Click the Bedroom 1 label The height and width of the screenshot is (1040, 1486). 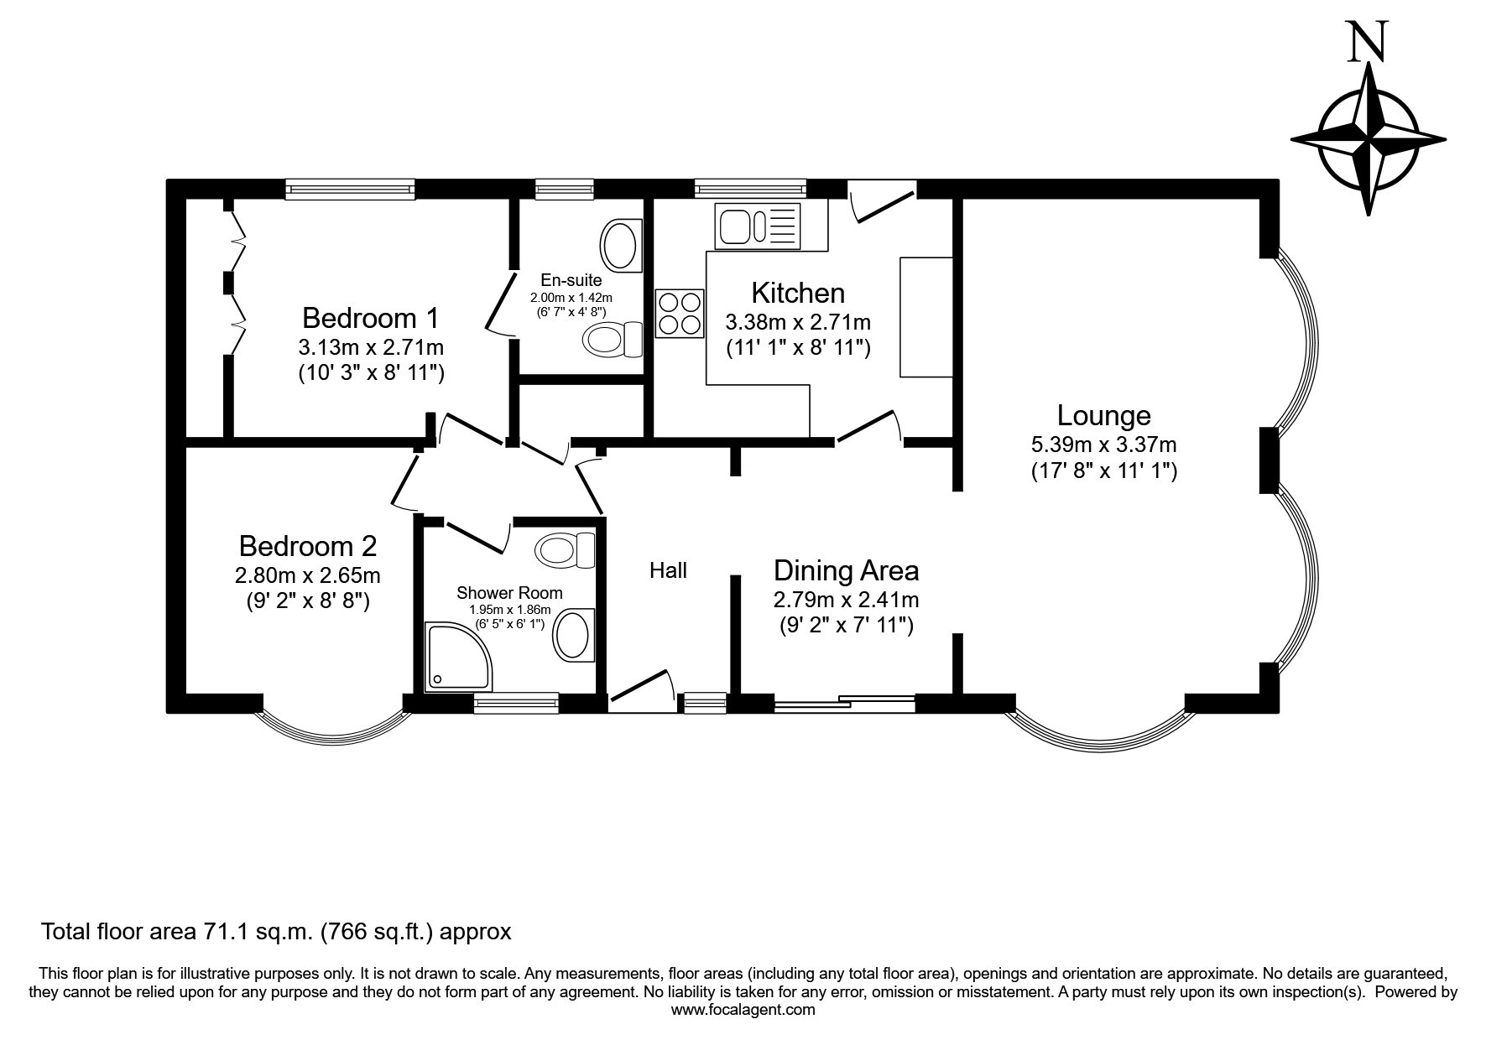[x=370, y=319]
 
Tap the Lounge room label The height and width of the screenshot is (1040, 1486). [x=1103, y=416]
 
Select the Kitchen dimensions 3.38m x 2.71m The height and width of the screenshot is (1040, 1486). [x=798, y=322]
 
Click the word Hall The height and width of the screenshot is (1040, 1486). [x=668, y=570]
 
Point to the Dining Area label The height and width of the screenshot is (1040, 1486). [x=846, y=570]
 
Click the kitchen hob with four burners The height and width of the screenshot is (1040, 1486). [x=680, y=313]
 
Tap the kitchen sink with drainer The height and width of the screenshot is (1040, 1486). [x=758, y=226]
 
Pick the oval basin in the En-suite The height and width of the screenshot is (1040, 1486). [x=622, y=244]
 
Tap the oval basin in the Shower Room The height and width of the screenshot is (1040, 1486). [x=575, y=635]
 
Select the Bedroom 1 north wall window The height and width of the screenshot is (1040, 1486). [x=350, y=190]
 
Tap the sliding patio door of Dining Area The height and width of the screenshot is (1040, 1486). [x=845, y=704]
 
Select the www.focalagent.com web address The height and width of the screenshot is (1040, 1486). [x=743, y=1010]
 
